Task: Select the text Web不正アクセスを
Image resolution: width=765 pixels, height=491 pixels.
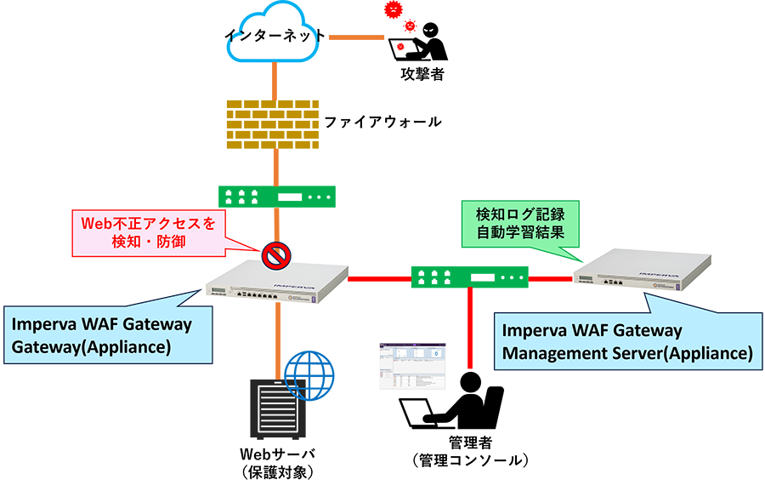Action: [149, 225]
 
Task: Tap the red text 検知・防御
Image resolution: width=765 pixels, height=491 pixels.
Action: [149, 244]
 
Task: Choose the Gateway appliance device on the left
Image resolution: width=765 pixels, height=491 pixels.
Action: [277, 284]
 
